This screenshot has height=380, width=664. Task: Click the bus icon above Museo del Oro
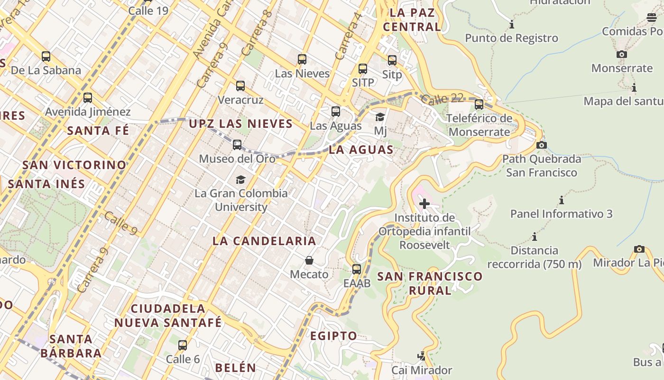237,145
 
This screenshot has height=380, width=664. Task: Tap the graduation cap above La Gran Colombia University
240,180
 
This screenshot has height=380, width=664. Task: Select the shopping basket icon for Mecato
309,260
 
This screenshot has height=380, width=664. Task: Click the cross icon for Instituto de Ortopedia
424,204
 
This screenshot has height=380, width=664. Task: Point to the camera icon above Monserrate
622,54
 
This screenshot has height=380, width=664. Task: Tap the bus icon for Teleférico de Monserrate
479,104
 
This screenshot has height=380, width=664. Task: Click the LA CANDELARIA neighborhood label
264,241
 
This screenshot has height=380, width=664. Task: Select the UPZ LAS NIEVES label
240,124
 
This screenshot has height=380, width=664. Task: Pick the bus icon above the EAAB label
357,269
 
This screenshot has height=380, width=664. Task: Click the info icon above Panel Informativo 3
562,200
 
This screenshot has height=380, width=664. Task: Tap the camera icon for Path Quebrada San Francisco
541,145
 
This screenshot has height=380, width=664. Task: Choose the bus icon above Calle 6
183,345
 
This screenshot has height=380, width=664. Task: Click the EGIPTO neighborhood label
333,336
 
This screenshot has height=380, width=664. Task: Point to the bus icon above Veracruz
240,86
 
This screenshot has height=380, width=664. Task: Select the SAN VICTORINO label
74,165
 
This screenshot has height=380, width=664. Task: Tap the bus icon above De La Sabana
46,57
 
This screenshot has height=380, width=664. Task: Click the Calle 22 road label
442,99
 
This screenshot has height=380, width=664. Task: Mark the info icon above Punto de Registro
512,24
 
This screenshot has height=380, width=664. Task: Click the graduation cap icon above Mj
380,117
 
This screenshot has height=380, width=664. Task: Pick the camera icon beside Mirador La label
639,249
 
